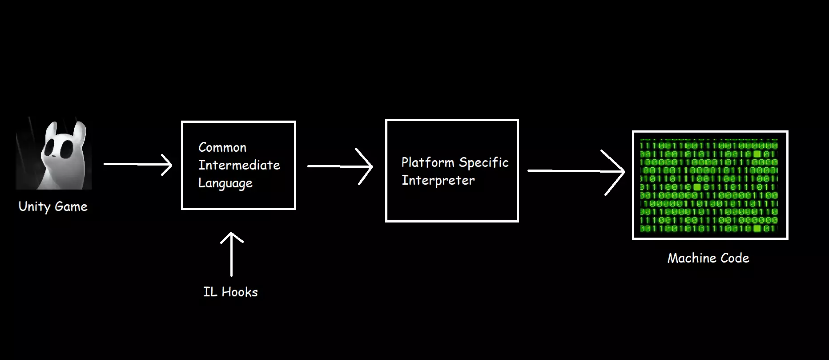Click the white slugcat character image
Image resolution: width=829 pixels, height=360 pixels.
tap(54, 154)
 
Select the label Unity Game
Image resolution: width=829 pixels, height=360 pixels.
tap(53, 206)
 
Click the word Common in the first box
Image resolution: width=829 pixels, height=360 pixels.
tap(222, 147)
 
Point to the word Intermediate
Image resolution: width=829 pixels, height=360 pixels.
tap(239, 165)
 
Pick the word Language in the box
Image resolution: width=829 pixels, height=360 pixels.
tap(225, 183)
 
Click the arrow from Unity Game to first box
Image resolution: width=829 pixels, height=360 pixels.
tap(138, 164)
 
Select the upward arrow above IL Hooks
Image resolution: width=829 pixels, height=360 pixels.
tap(232, 254)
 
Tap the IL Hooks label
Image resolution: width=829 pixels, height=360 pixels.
tap(230, 292)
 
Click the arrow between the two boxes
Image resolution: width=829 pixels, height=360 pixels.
tap(340, 166)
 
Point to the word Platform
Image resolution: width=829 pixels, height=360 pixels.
tap(427, 163)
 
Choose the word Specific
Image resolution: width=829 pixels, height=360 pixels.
tap(483, 163)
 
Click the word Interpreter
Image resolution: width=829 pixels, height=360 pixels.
tap(438, 181)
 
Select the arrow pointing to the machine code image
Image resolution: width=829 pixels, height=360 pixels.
tap(576, 171)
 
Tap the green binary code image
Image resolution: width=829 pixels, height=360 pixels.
tap(710, 185)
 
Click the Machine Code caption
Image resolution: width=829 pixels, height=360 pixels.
tap(708, 258)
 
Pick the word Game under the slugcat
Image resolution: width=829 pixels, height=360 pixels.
tap(71, 206)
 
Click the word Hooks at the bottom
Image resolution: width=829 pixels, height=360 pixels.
tap(239, 292)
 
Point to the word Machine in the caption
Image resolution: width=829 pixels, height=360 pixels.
tap(689, 258)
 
